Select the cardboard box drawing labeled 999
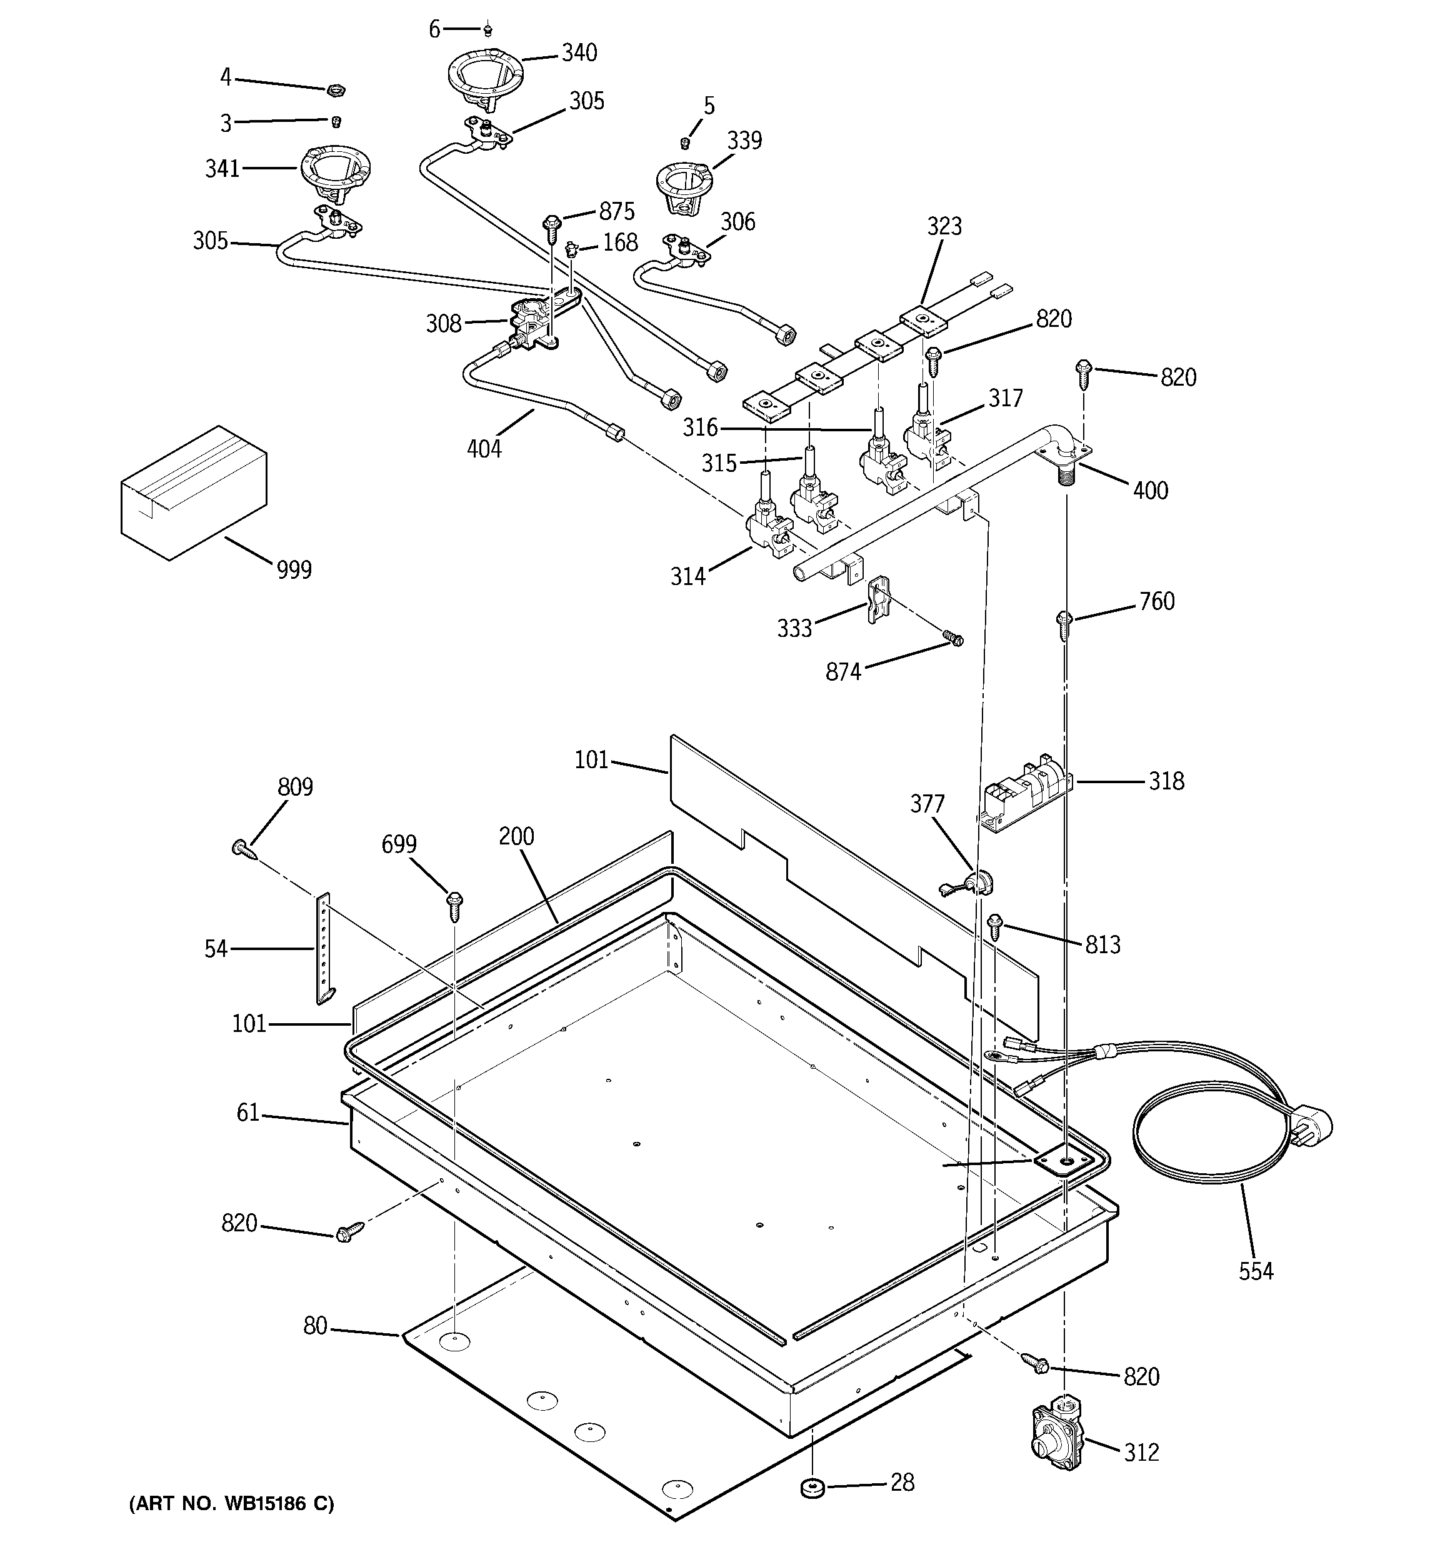194,493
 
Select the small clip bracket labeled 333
876,599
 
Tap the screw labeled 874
952,638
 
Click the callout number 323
944,226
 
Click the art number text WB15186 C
231,1503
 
